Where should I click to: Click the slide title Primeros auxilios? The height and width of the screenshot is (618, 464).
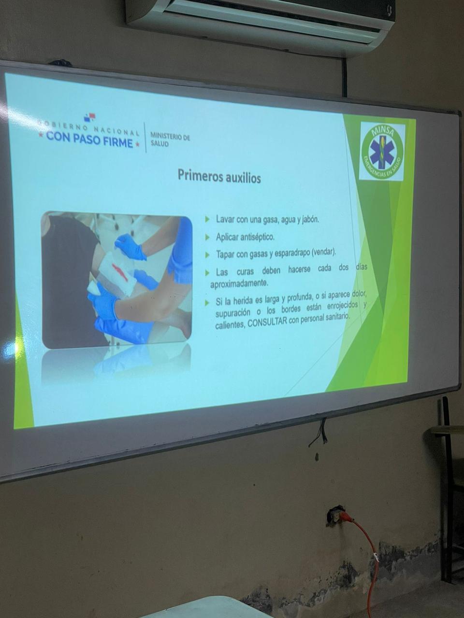coord(219,177)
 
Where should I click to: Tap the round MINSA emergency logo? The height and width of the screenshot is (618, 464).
coord(383,152)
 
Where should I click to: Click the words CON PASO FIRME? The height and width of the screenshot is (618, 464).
coord(89,140)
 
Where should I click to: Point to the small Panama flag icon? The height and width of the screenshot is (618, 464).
coord(90,117)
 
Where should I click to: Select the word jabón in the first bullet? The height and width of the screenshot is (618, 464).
coord(310,220)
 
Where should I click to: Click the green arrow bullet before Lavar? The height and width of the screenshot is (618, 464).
coord(208,219)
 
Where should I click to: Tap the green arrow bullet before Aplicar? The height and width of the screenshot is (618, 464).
coord(208,237)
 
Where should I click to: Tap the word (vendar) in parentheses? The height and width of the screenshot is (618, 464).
coord(324,253)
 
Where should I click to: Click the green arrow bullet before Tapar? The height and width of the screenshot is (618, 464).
coord(208,255)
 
